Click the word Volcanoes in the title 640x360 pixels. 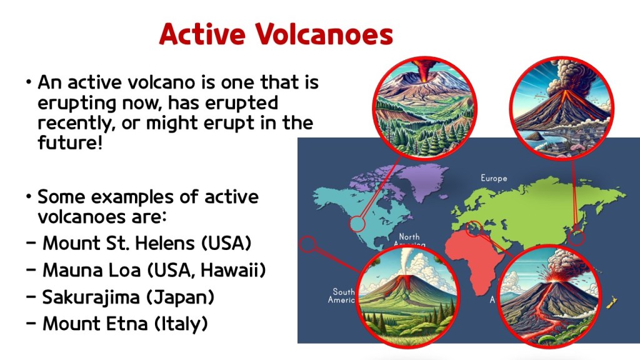coord(324,34)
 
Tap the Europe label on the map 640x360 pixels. coord(494,178)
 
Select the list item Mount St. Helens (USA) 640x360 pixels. coord(147,243)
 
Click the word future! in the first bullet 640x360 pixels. coord(70,143)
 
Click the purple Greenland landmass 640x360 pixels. coord(422,182)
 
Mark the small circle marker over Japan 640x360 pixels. coord(576,237)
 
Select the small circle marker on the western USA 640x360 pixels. coord(357,224)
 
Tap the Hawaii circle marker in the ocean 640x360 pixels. coord(307,244)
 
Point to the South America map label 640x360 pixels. coord(342,296)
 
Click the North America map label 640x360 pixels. coord(409,239)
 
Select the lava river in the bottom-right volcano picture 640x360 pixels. coord(538,315)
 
